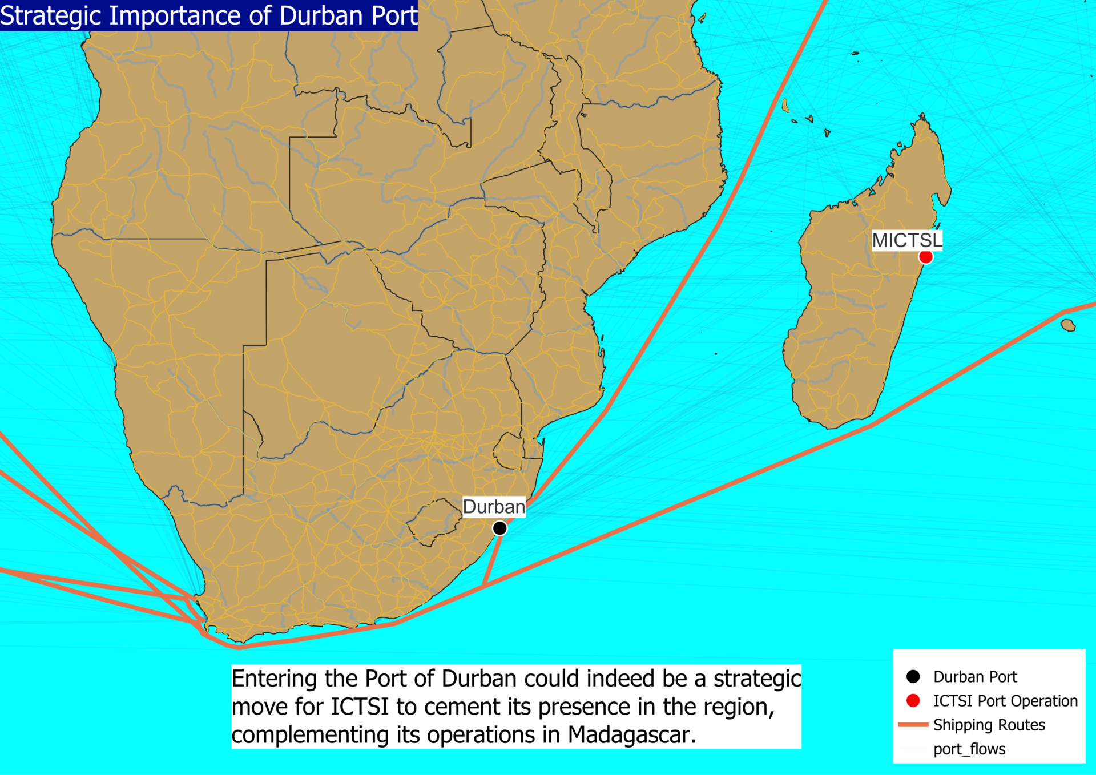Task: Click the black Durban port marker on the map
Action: pyautogui.click(x=499, y=528)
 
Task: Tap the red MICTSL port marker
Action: pyautogui.click(x=925, y=257)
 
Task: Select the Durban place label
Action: pyautogui.click(x=494, y=507)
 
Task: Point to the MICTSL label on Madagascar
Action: pyautogui.click(x=906, y=240)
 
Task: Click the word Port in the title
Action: pyautogui.click(x=394, y=15)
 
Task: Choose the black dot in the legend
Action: pyautogui.click(x=913, y=676)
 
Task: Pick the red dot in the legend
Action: pyautogui.click(x=913, y=700)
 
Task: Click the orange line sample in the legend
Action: pyautogui.click(x=913, y=725)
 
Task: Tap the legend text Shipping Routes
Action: pyautogui.click(x=989, y=725)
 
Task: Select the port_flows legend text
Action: pyautogui.click(x=969, y=749)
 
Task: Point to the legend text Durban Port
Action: pyautogui.click(x=975, y=676)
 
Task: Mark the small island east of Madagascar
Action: pyautogui.click(x=1068, y=325)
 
